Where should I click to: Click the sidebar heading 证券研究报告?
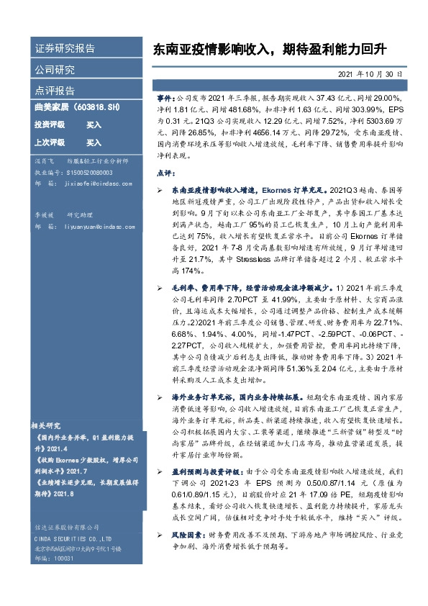coord(65,50)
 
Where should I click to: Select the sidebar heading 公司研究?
coord(55,70)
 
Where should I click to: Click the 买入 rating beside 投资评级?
coord(94,125)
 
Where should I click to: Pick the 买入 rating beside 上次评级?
coord(94,143)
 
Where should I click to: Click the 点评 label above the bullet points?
coord(165,173)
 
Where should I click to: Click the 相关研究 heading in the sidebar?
coord(49,426)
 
